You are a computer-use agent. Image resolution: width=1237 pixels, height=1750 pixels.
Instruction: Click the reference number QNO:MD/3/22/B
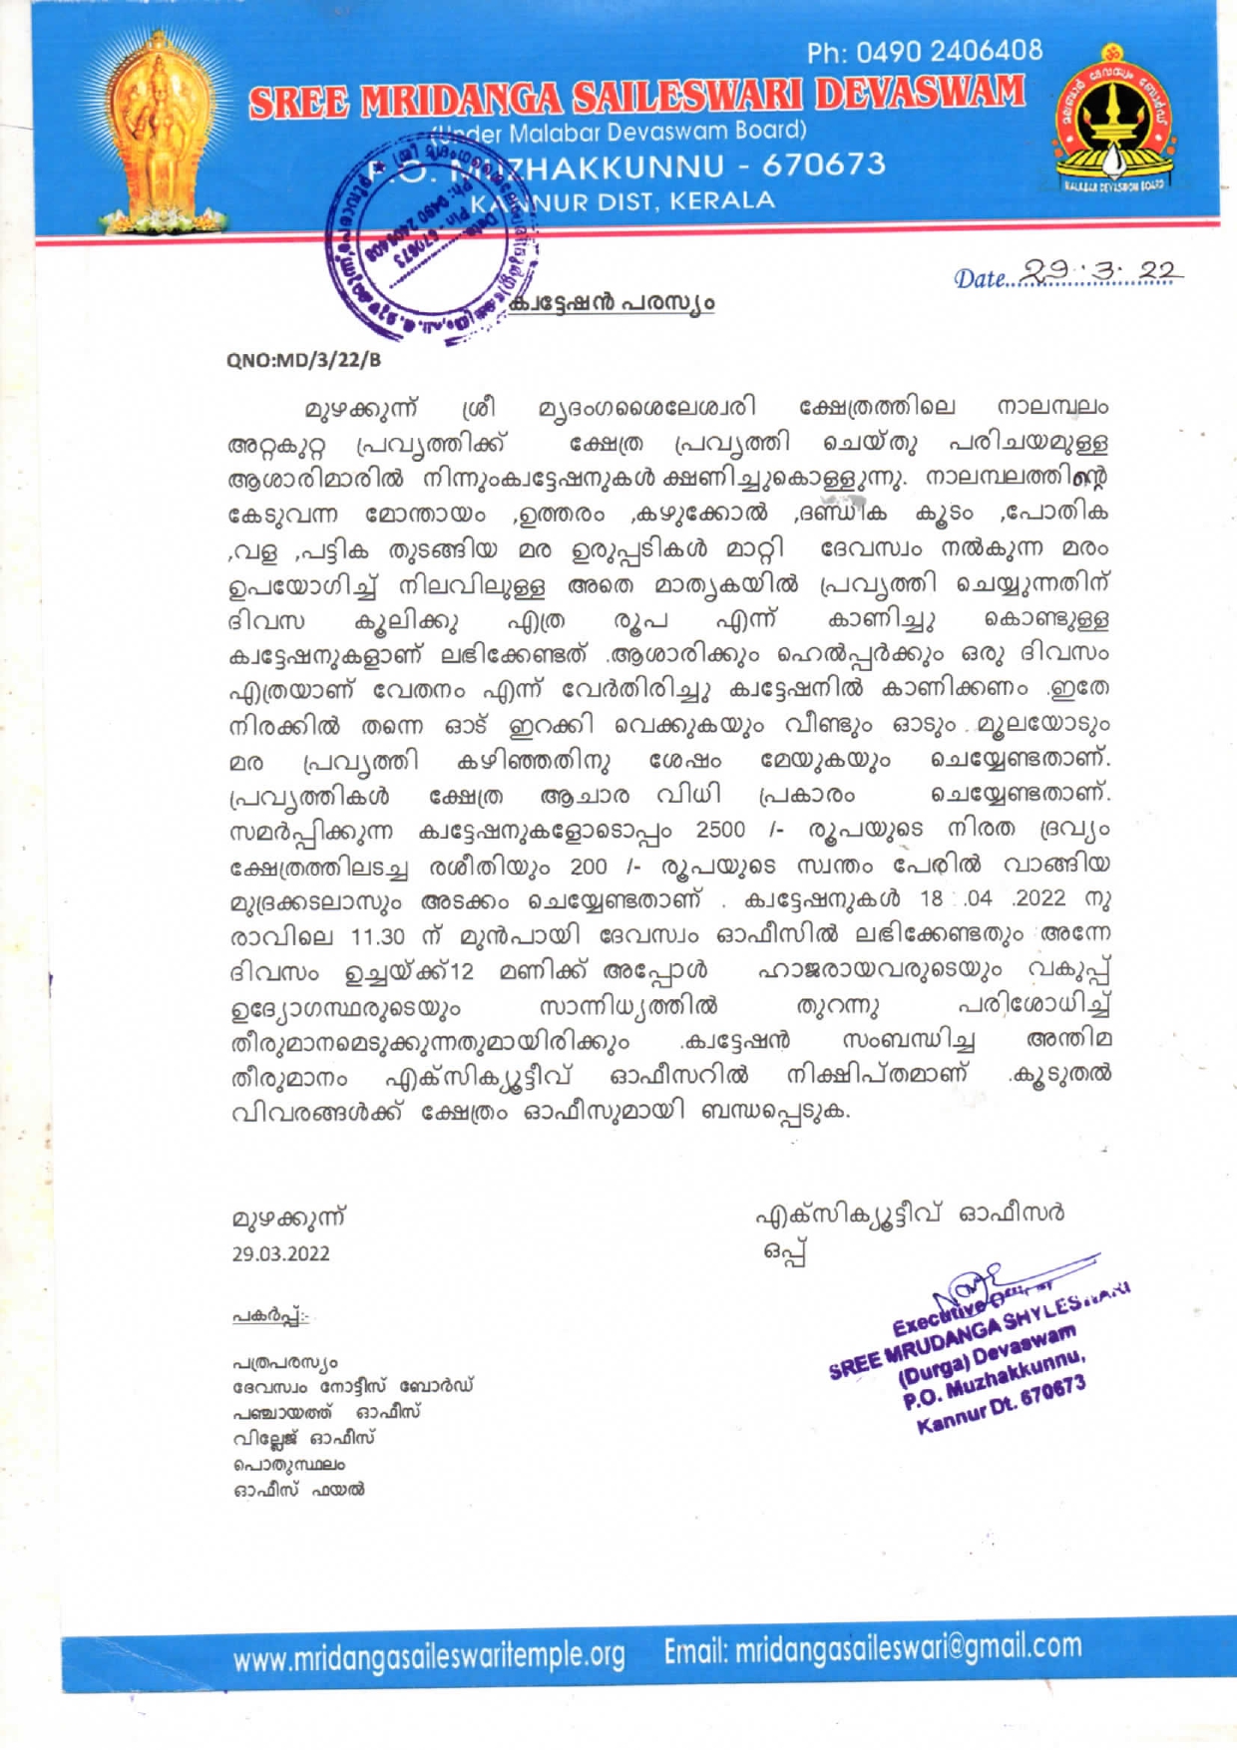303,360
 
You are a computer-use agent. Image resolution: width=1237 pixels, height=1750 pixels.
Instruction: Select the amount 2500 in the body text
719,830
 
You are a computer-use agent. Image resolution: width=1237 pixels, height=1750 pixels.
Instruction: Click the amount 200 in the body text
588,866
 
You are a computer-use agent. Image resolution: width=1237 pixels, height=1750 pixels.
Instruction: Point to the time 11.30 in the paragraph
376,937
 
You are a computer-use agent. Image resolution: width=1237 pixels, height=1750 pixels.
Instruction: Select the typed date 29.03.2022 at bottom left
280,1253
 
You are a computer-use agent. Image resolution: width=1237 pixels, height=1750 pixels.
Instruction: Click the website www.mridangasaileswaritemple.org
429,1656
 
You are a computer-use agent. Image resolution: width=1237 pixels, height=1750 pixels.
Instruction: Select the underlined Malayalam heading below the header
611,303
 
